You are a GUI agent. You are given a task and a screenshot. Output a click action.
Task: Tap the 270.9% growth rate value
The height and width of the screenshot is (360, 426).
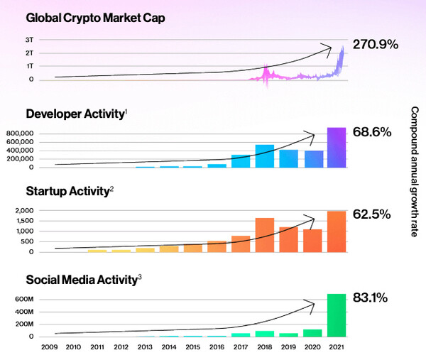376,44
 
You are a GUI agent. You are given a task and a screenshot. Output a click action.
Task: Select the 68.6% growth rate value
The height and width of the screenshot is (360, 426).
372,132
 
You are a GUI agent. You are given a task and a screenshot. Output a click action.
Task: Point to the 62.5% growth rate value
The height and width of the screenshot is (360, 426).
372,213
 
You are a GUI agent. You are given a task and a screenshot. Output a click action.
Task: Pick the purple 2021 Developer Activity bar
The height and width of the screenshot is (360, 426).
337,148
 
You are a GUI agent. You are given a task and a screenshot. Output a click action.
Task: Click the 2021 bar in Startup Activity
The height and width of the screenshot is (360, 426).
337,231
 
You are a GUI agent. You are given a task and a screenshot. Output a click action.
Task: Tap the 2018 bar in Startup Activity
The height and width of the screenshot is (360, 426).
265,235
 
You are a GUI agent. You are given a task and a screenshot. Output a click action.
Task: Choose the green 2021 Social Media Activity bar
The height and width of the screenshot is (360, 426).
337,315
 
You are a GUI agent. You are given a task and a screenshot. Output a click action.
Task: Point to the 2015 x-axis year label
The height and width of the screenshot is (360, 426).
192,347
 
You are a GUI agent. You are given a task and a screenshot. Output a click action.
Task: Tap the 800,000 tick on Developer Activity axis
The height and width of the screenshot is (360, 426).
29,133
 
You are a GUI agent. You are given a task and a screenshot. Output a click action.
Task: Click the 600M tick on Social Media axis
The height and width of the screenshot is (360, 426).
33,299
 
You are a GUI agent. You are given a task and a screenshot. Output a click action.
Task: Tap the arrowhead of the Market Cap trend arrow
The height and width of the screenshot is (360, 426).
329,48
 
